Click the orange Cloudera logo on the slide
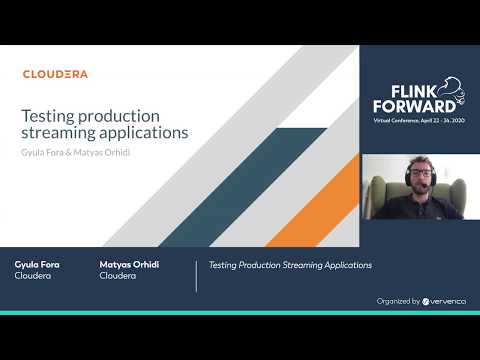click(55, 74)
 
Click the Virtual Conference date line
click(414, 119)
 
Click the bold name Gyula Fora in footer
click(38, 265)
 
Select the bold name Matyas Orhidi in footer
click(129, 265)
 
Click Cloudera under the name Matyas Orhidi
click(118, 277)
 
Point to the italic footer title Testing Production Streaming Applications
click(290, 265)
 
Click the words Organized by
click(398, 301)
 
